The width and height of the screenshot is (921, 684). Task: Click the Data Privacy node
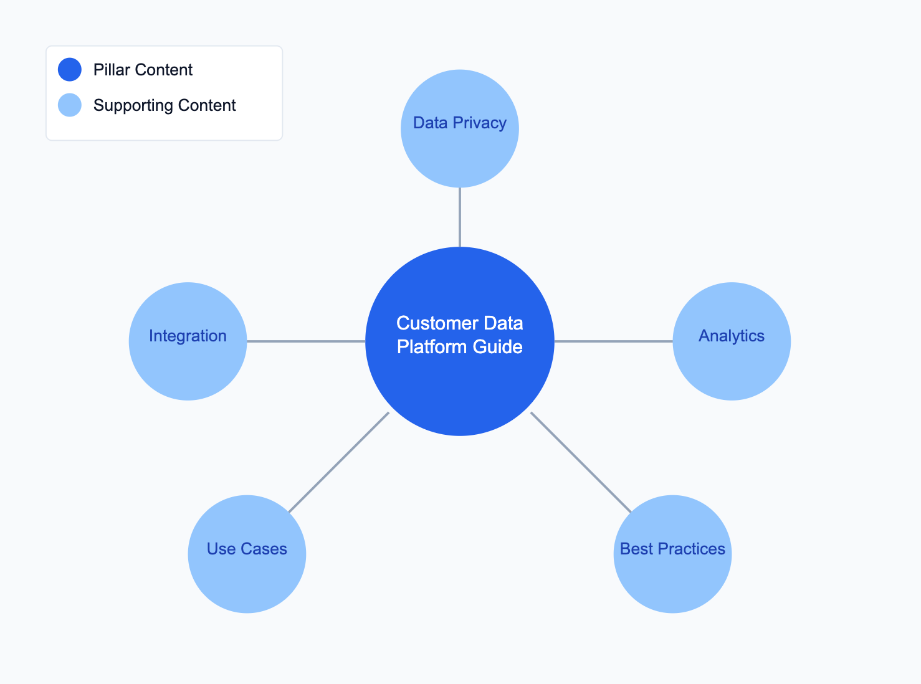[460, 128]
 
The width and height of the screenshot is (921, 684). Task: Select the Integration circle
[188, 341]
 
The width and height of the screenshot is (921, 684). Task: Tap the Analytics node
[732, 341]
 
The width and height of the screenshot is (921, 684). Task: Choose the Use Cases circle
[247, 554]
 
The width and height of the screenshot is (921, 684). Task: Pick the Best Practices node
[673, 554]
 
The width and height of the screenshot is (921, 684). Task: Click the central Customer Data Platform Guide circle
[460, 341]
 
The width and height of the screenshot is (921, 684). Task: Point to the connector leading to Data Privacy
[460, 217]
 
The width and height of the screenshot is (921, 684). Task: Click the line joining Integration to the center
[306, 341]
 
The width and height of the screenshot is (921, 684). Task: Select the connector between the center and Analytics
[614, 341]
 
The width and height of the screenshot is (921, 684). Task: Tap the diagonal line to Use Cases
[339, 462]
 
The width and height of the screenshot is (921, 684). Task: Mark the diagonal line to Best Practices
[581, 462]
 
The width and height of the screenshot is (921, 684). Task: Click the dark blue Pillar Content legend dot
[70, 69]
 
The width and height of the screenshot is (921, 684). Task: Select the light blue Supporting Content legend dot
[70, 105]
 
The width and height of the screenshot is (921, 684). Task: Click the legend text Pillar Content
[143, 70]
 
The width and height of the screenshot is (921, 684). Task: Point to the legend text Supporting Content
[165, 105]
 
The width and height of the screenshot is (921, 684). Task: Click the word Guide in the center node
[497, 347]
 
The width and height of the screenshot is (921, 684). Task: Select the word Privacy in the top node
[480, 123]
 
